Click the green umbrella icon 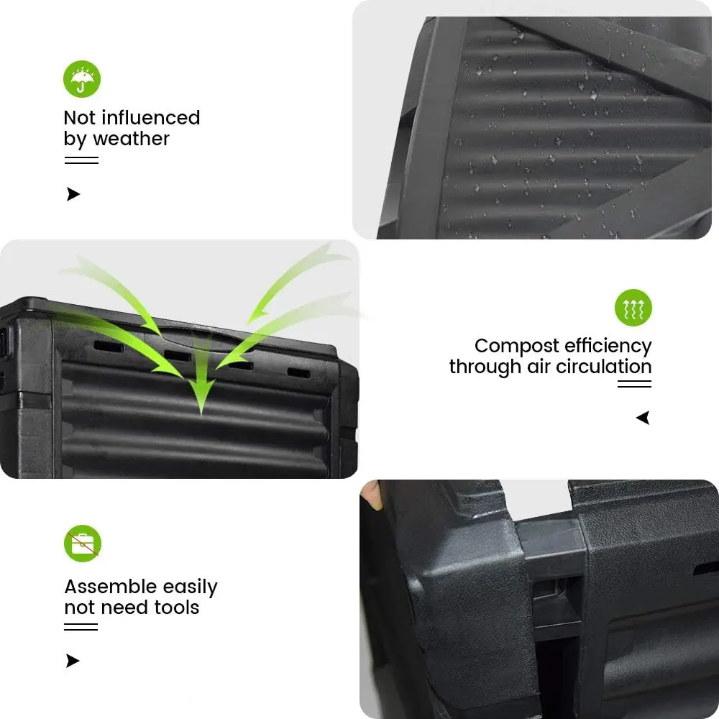pyautogui.click(x=82, y=79)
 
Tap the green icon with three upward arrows pyautogui.click(x=633, y=308)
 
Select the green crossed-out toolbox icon pyautogui.click(x=83, y=544)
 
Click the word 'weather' pyautogui.click(x=131, y=139)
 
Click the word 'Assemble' pyautogui.click(x=110, y=587)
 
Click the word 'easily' pyautogui.click(x=190, y=587)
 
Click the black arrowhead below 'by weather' pyautogui.click(x=73, y=194)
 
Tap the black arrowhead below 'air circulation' pyautogui.click(x=643, y=418)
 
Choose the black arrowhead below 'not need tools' pyautogui.click(x=73, y=661)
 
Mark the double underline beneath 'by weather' pyautogui.click(x=81, y=160)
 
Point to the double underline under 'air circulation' pyautogui.click(x=634, y=384)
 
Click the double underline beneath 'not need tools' pyautogui.click(x=81, y=627)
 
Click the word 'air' pyautogui.click(x=541, y=367)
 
